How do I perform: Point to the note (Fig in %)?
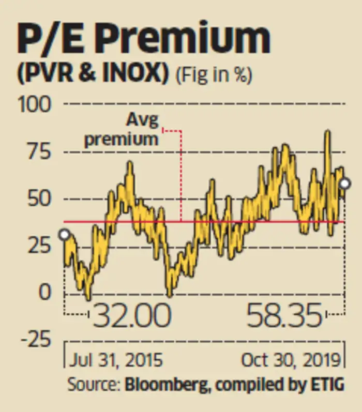pyautogui.click(x=214, y=77)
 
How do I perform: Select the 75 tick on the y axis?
pyautogui.click(x=39, y=152)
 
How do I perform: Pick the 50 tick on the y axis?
pyautogui.click(x=39, y=199)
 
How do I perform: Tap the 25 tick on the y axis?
pyautogui.click(x=39, y=246)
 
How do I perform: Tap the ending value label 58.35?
pyautogui.click(x=284, y=315)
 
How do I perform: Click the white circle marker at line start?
pyautogui.click(x=64, y=235)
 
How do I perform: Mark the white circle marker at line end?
pyautogui.click(x=345, y=184)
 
